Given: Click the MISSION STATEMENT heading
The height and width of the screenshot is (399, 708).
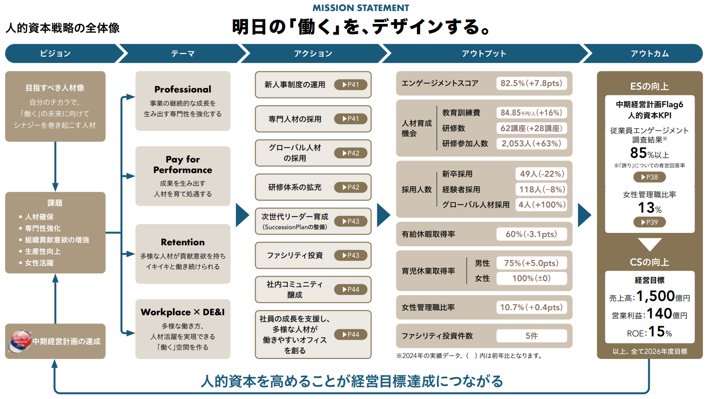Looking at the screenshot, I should click(x=360, y=8).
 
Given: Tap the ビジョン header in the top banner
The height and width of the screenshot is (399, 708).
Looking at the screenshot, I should click(x=55, y=53).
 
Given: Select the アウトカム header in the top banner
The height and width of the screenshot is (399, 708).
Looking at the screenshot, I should click(x=650, y=53).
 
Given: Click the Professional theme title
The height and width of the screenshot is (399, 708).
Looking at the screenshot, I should click(x=183, y=89).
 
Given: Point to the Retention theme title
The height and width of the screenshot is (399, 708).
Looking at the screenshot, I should click(x=183, y=242).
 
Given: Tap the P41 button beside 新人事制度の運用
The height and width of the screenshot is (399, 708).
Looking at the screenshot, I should click(x=351, y=85).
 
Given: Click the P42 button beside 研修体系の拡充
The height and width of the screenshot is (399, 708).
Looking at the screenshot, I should click(x=351, y=187).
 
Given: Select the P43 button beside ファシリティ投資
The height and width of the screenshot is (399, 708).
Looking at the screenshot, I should click(x=351, y=255).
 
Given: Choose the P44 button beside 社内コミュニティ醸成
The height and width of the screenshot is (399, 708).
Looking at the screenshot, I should click(x=351, y=289).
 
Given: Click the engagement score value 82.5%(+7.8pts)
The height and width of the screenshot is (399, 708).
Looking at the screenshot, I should click(x=531, y=83).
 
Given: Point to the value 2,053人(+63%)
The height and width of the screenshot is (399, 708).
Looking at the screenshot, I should click(x=531, y=144).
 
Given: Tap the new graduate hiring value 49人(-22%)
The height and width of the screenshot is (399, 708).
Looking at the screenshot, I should click(x=542, y=174).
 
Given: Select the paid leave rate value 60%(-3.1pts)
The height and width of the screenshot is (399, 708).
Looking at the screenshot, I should click(x=531, y=234).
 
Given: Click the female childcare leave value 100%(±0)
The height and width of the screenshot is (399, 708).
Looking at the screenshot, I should click(x=531, y=278).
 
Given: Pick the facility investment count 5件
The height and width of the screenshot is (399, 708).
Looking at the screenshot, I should click(x=531, y=336).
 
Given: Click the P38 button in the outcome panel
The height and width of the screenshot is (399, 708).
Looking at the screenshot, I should click(x=649, y=177).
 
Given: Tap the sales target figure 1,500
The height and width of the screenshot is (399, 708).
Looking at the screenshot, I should click(x=655, y=296).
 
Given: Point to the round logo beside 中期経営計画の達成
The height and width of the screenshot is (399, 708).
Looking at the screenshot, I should click(x=20, y=341).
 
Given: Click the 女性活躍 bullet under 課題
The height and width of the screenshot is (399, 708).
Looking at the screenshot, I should click(x=39, y=263).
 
